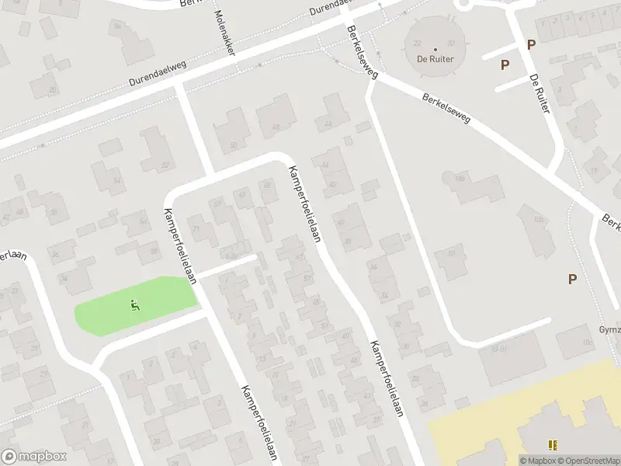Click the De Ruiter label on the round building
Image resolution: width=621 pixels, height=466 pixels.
click(435, 58)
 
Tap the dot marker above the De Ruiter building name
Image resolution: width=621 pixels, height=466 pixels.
click(435, 49)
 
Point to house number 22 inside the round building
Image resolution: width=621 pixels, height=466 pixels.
click(418, 43)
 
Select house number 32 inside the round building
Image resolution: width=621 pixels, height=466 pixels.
click(452, 43)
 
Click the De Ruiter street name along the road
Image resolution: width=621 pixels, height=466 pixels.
click(539, 93)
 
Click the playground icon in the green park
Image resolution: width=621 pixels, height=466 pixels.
click(135, 305)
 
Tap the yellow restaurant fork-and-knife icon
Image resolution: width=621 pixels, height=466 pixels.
click(553, 445)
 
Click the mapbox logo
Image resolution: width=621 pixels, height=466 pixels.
click(34, 457)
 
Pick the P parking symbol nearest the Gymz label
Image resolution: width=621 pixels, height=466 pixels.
click(573, 280)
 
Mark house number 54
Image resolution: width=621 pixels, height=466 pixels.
click(118, 181)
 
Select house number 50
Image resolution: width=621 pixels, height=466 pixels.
click(234, 144)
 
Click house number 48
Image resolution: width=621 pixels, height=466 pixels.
click(275, 127)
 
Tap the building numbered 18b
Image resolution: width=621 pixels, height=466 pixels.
click(459, 180)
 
